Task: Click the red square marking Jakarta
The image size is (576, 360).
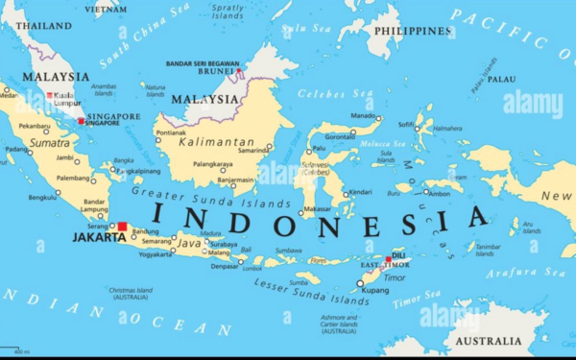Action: click(122, 228)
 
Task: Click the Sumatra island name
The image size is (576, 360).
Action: click(49, 142)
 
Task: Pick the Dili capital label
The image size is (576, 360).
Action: click(398, 255)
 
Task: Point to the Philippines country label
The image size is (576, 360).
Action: click(413, 31)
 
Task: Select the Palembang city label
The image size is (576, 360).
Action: click(73, 178)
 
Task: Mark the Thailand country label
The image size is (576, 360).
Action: click(44, 26)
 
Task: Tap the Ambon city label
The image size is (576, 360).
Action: click(439, 194)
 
